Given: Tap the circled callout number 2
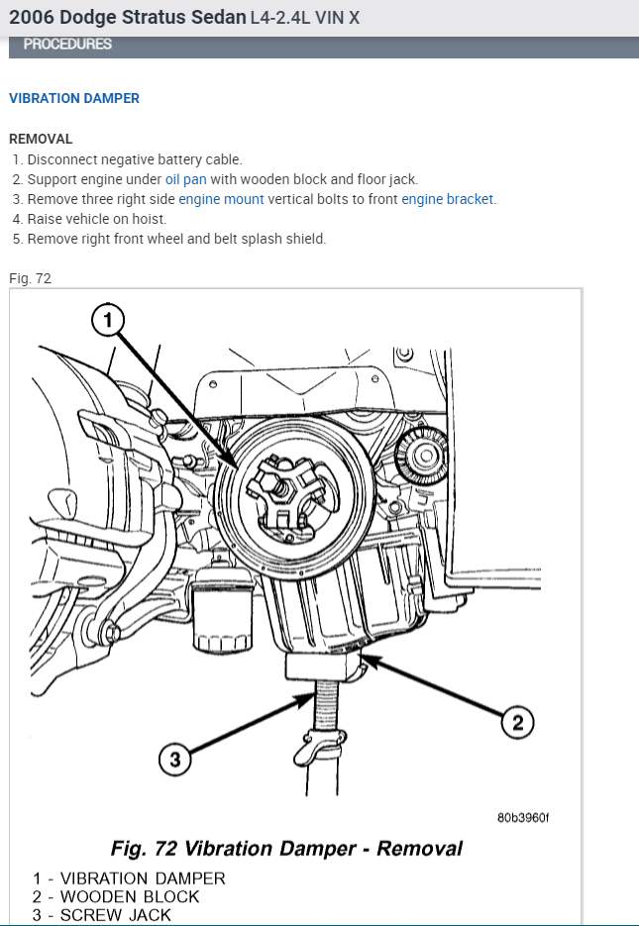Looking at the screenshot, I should pyautogui.click(x=517, y=722).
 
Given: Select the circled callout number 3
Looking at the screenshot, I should pyautogui.click(x=174, y=760).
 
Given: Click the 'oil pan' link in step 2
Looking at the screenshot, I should pyautogui.click(x=185, y=179).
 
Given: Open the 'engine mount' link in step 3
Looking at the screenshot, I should pyautogui.click(x=221, y=199).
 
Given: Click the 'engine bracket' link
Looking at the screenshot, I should pyautogui.click(x=447, y=199).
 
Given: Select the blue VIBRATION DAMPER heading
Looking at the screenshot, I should pyautogui.click(x=74, y=99).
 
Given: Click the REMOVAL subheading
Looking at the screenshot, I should pyautogui.click(x=41, y=140).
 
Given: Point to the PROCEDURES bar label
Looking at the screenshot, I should pyautogui.click(x=67, y=45).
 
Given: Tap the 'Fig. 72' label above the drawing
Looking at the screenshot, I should pyautogui.click(x=30, y=278).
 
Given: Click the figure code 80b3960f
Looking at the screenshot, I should pyautogui.click(x=522, y=818).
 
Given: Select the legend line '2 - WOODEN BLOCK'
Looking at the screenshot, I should pyautogui.click(x=116, y=896).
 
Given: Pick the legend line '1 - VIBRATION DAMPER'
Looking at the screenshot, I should pyautogui.click(x=129, y=878).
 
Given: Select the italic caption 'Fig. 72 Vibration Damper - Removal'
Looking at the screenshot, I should pyautogui.click(x=286, y=849).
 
